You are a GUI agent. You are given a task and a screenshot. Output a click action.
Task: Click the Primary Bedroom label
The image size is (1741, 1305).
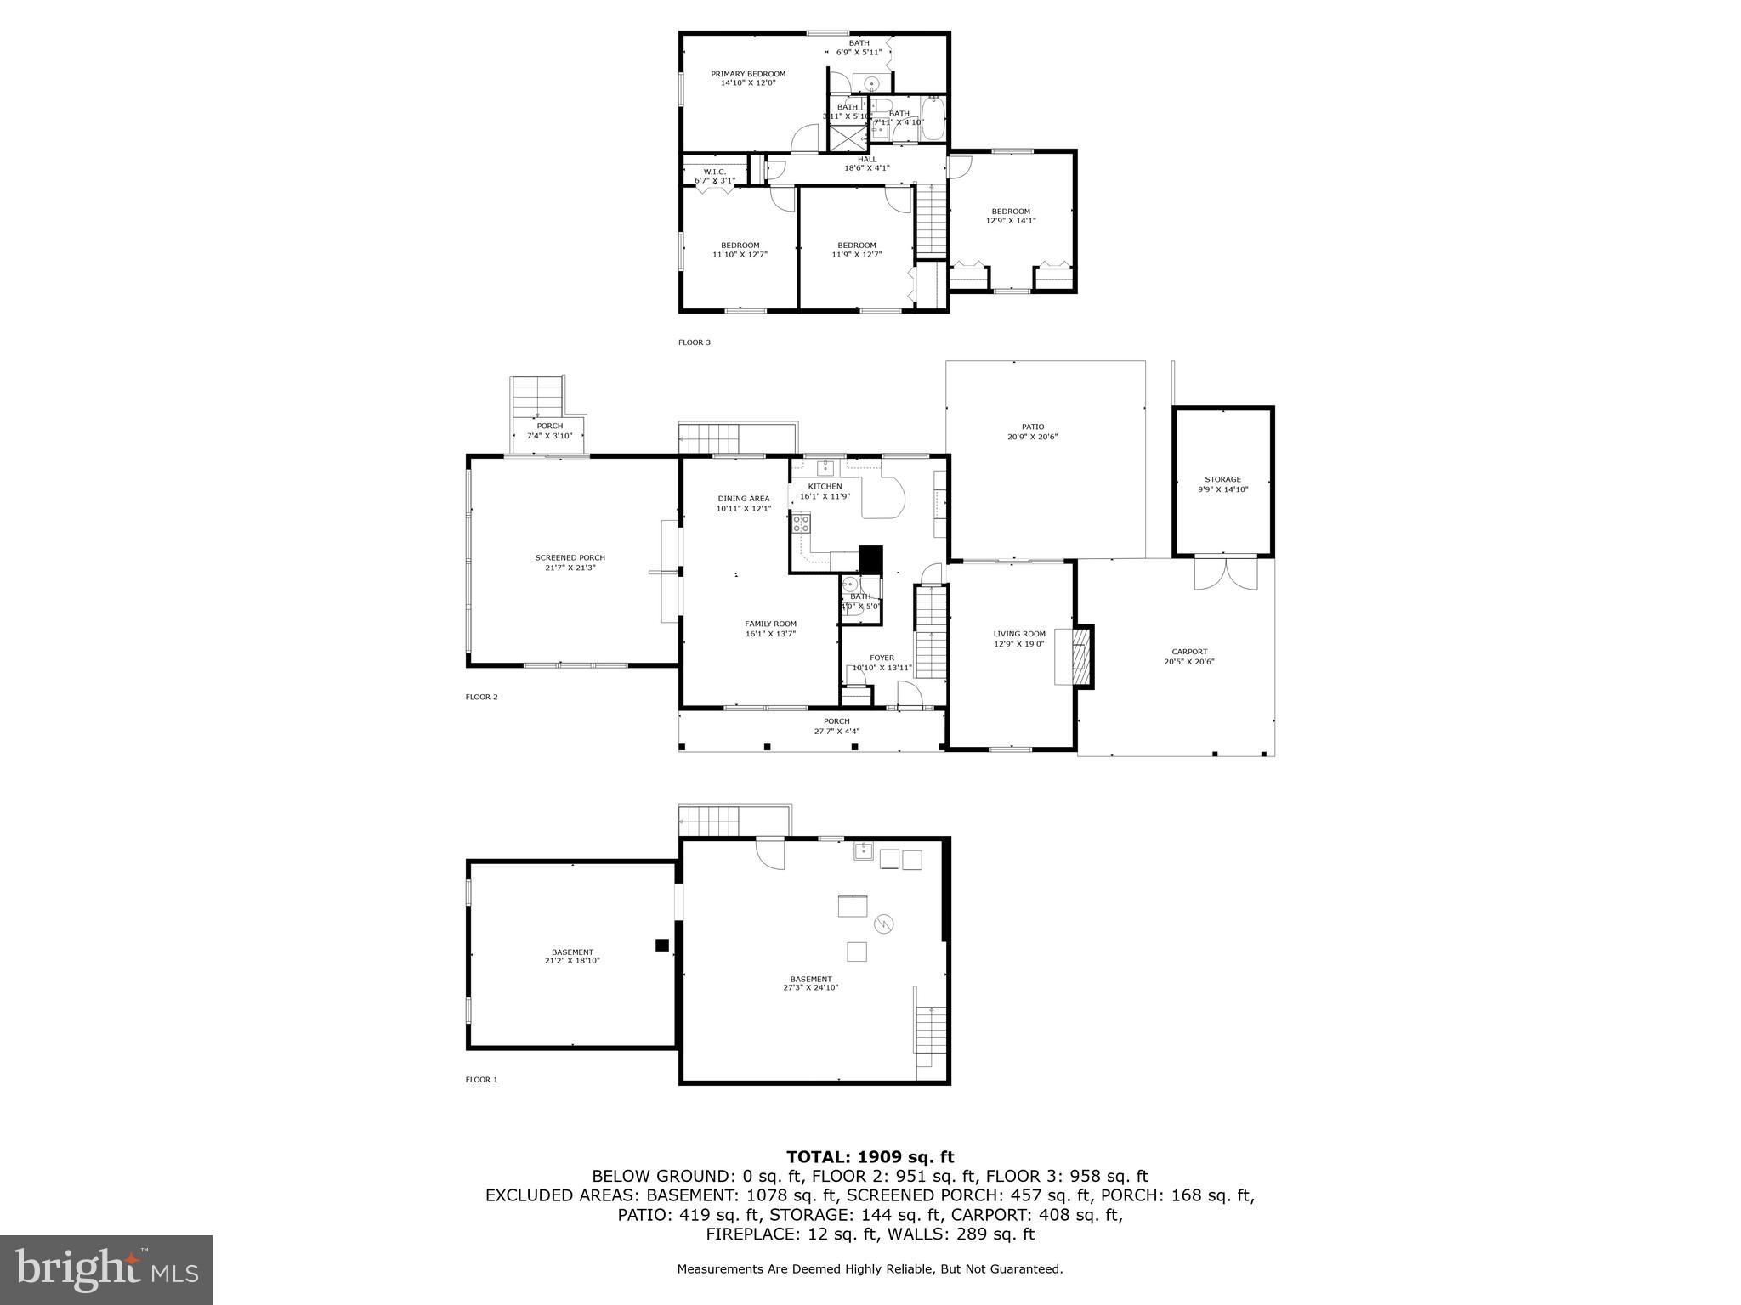[x=748, y=78]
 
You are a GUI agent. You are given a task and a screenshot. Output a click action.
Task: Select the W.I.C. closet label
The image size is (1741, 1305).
[x=714, y=176]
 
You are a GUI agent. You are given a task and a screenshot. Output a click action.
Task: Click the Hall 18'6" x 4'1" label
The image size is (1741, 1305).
[x=866, y=163]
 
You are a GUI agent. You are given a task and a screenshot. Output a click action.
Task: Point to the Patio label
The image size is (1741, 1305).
[x=1032, y=432]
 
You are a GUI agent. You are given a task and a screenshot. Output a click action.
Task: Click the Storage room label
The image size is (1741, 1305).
[x=1222, y=484]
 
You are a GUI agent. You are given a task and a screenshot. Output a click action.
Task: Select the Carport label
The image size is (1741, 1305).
[x=1188, y=656]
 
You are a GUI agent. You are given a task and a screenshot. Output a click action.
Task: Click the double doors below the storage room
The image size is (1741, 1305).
[x=1225, y=574]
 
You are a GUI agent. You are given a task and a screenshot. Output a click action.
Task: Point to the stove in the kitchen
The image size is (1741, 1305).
[x=801, y=522]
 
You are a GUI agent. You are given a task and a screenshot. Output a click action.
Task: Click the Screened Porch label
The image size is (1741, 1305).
[x=570, y=562]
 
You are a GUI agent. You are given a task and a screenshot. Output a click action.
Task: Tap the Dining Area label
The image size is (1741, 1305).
[x=743, y=503]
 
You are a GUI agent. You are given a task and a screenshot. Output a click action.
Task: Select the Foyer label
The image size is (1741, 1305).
[x=882, y=662]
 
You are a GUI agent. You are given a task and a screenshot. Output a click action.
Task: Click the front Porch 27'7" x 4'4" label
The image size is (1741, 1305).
[x=836, y=726]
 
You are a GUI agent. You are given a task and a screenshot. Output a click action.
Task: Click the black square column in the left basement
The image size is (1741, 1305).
[x=661, y=945]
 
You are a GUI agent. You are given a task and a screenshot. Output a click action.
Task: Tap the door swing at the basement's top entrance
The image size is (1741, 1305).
[x=770, y=853]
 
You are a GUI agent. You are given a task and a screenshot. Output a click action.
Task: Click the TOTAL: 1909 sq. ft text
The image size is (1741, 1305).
[x=870, y=1156]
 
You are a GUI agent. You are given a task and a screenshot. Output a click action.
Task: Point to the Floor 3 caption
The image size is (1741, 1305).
[x=694, y=342]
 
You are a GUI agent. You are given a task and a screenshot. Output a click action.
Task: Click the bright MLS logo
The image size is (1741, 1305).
[x=106, y=1269]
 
